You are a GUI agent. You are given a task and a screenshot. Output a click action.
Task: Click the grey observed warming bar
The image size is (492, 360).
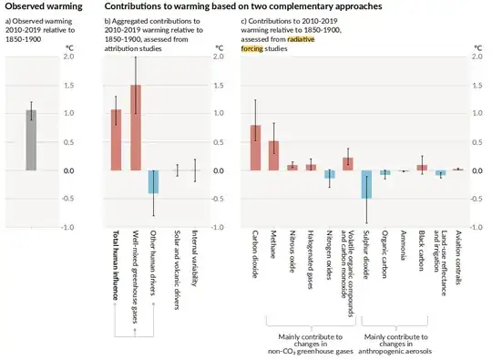(31, 140)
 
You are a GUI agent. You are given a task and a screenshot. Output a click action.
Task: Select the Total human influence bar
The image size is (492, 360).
(116, 140)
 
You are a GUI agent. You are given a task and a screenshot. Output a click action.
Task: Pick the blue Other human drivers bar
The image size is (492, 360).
(154, 181)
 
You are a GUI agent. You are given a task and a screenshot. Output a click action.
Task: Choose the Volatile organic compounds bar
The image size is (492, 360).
(347, 164)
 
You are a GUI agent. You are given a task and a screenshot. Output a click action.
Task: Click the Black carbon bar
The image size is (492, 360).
(422, 168)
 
